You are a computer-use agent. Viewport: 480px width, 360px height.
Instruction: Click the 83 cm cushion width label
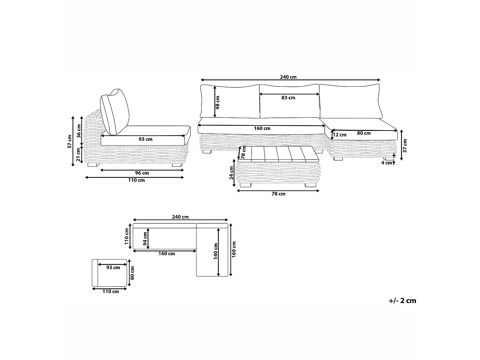pyautogui.click(x=288, y=98)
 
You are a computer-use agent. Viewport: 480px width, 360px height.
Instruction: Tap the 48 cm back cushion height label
pyautogui.click(x=217, y=102)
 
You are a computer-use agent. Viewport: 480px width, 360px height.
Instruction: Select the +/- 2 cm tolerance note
pyautogui.click(x=402, y=300)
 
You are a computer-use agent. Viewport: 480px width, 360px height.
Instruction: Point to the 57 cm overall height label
pyautogui.click(x=69, y=142)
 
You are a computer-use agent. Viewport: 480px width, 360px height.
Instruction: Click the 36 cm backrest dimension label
pyautogui.click(x=79, y=131)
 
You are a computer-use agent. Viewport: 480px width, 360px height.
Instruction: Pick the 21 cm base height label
pyautogui.click(x=78, y=155)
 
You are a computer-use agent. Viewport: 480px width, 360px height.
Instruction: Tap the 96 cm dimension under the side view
pyautogui.click(x=142, y=173)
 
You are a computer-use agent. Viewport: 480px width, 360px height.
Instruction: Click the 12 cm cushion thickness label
pyautogui.click(x=340, y=135)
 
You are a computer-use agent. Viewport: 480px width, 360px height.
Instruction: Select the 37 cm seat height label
pyautogui.click(x=405, y=146)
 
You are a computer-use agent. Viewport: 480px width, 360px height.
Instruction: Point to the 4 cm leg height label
pyautogui.click(x=387, y=163)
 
